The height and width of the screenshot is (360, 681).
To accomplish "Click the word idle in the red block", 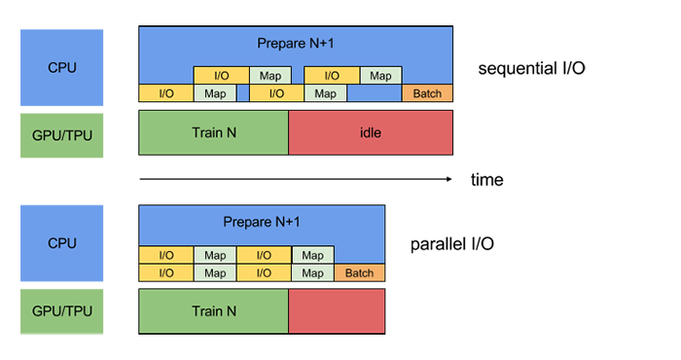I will click(370, 132).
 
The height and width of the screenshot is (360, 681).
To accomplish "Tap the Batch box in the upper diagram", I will click(427, 93).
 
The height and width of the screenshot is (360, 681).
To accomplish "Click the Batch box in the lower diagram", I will click(359, 273).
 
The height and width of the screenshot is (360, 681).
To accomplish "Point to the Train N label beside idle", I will click(214, 132).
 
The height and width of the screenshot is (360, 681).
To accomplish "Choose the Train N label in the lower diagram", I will click(214, 312).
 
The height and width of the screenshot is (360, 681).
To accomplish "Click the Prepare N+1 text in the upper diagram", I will click(297, 43).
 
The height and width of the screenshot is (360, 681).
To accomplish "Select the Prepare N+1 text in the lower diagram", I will click(262, 223).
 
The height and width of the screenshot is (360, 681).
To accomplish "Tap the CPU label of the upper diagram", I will click(62, 68).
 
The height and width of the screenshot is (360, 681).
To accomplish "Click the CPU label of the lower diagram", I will click(62, 243).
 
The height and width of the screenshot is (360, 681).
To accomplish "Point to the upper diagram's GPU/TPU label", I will click(62, 135).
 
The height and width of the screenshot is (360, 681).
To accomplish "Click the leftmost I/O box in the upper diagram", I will click(166, 93).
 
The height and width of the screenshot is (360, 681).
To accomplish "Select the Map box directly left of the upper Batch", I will click(325, 93).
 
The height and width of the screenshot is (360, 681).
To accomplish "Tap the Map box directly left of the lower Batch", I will click(312, 273).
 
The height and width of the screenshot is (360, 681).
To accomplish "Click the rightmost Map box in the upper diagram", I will click(380, 76).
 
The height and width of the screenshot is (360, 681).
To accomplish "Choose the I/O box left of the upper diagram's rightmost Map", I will click(332, 76).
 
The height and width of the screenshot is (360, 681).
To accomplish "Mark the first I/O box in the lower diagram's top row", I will click(166, 256).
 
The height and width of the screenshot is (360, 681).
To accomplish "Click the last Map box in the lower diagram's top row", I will click(312, 256).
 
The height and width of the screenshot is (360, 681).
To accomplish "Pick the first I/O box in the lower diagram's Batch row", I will click(166, 273).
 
